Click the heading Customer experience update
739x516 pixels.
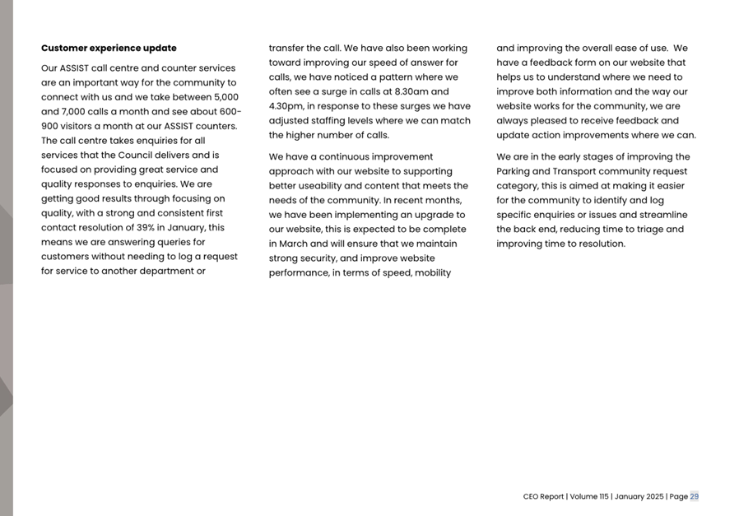point(109,48)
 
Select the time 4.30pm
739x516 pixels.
point(286,106)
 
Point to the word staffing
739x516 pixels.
point(336,120)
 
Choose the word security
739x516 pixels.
point(317,258)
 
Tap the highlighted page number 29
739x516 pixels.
point(695,496)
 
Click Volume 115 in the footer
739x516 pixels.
point(588,496)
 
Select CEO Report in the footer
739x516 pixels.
point(543,496)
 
